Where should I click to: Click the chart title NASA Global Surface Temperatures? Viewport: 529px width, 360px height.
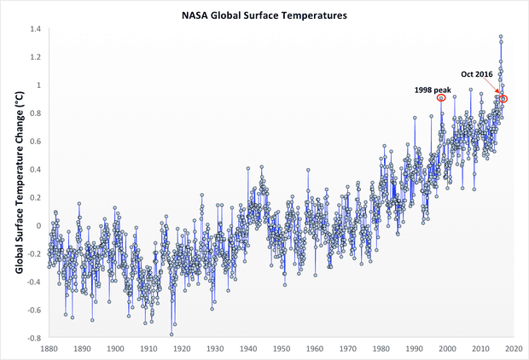(x=264, y=15)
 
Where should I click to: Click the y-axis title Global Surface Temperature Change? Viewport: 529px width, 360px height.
(x=18, y=183)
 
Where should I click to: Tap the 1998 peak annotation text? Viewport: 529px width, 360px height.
(x=433, y=89)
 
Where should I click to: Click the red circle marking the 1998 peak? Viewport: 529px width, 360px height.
(x=441, y=97)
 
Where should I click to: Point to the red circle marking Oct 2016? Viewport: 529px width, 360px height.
(x=503, y=99)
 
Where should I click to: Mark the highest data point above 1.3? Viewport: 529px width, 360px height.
(x=500, y=37)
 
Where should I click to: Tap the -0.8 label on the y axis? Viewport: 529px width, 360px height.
(x=32, y=339)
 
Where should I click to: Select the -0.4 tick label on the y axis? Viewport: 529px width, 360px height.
(x=32, y=282)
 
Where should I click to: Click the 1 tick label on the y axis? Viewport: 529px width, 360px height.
(x=38, y=85)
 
